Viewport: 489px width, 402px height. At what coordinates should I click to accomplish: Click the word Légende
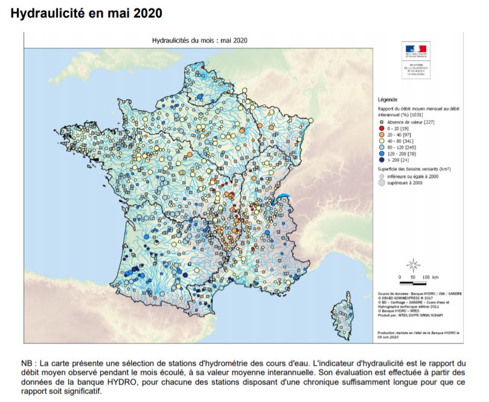(x=387, y=98)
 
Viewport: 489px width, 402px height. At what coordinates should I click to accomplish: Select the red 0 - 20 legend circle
(x=382, y=128)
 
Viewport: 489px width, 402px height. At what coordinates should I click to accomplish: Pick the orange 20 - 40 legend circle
(x=382, y=134)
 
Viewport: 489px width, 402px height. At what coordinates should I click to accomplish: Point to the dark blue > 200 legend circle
(x=382, y=160)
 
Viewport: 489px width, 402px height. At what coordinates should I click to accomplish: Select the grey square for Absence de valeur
(x=382, y=121)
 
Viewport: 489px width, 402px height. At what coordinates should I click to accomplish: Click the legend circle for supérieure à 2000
(x=382, y=182)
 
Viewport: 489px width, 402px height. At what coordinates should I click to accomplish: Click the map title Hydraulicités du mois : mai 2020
(x=199, y=40)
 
